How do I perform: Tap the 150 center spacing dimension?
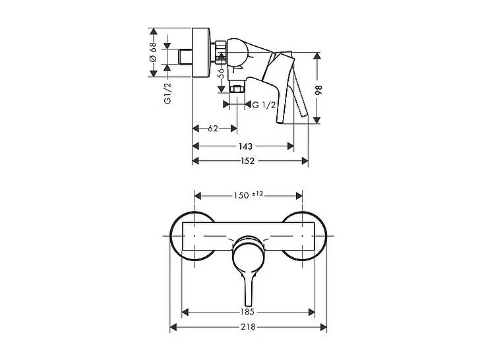coord(241,195)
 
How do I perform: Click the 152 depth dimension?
coord(248,161)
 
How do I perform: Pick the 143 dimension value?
coord(245,146)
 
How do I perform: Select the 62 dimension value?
coord(212,129)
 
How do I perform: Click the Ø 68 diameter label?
coord(152,52)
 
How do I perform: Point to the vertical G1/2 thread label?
coord(167,90)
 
